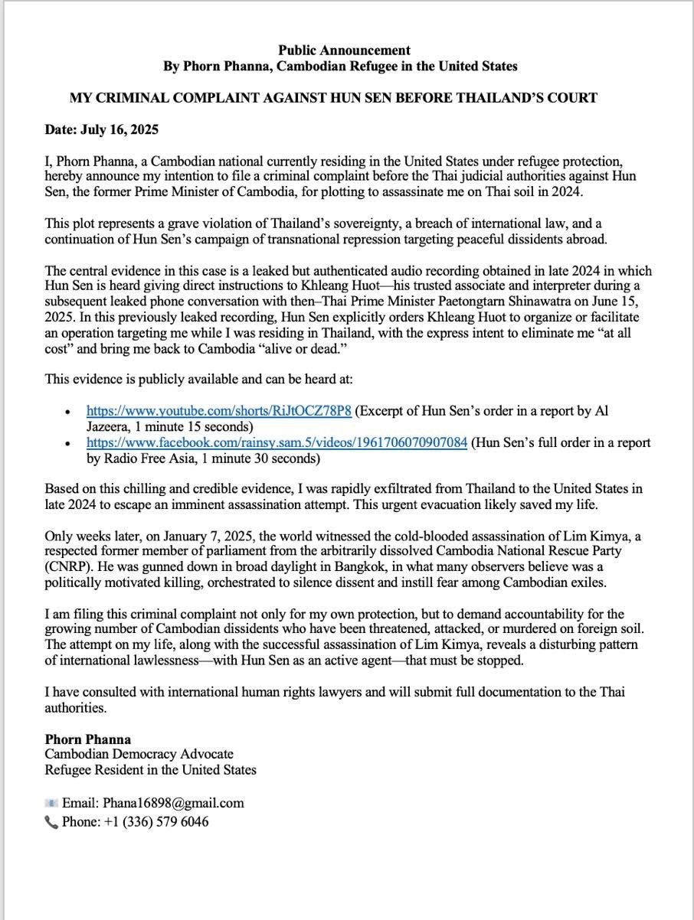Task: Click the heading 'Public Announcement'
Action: pos(344,51)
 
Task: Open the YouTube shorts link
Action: pos(219,411)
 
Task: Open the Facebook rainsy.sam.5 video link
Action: pos(277,443)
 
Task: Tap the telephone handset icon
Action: pos(51,822)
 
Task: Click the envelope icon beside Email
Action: pos(51,803)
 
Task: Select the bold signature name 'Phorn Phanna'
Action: pos(87,739)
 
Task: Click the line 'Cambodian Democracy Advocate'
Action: pos(139,755)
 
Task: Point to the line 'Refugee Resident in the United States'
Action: pos(150,770)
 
